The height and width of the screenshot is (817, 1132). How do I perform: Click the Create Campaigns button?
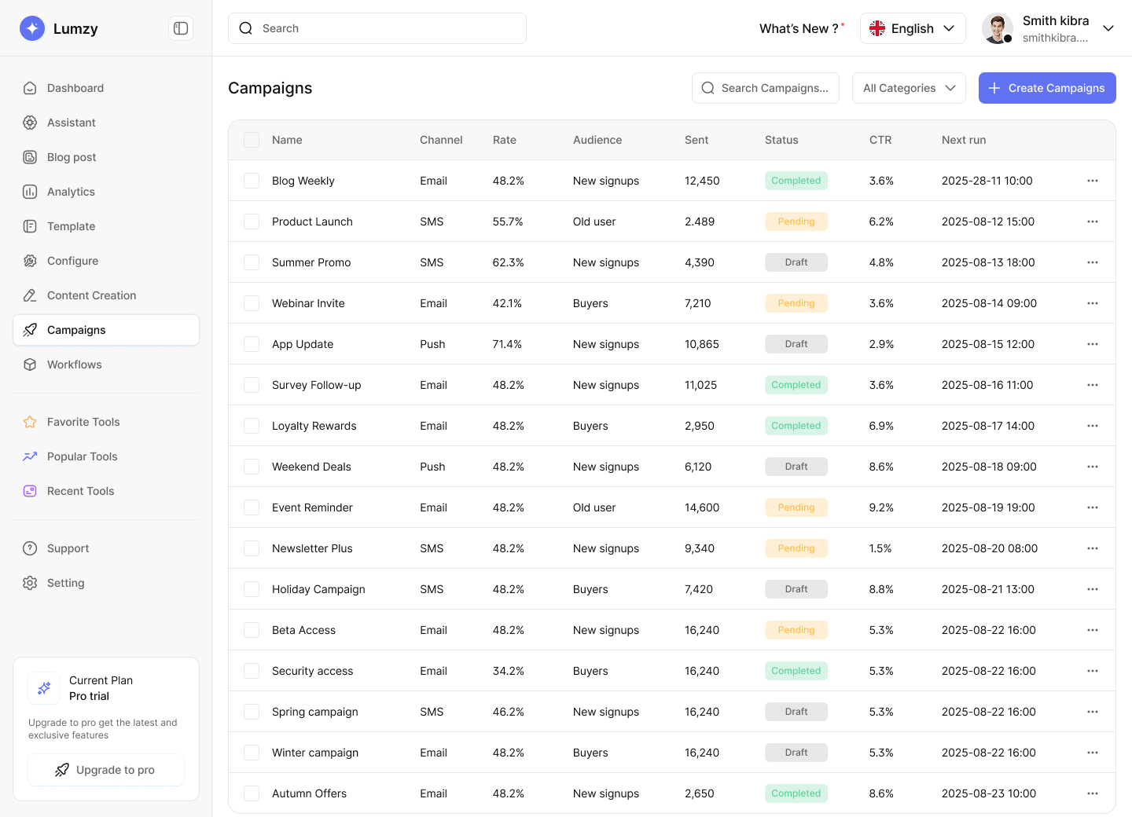point(1046,88)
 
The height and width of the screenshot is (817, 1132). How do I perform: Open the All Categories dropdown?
point(909,88)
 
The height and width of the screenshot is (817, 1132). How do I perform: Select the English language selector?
point(912,28)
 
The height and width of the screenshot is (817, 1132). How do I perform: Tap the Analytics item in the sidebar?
point(71,192)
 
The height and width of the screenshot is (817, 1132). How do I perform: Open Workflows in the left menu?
point(74,365)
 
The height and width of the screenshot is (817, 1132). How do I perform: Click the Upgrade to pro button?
point(106,770)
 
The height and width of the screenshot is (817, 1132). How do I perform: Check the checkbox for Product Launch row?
point(252,222)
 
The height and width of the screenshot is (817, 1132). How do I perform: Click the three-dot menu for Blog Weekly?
point(1092,181)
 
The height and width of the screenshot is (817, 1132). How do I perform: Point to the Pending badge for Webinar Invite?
point(796,303)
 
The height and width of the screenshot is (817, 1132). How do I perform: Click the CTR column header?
point(880,140)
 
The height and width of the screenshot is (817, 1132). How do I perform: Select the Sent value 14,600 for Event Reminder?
point(701,507)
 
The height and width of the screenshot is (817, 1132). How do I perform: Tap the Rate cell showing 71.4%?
point(507,344)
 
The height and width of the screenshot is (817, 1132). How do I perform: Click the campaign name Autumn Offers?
point(309,793)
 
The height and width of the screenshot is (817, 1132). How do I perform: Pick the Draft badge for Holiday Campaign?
point(796,589)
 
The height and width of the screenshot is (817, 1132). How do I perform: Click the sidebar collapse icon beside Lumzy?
point(181,28)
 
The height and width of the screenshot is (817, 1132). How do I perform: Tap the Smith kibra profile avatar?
point(997,28)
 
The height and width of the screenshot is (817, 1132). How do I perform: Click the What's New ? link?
point(799,28)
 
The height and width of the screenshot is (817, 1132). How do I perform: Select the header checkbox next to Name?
point(252,140)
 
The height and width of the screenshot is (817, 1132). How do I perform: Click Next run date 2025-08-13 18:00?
point(987,262)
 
